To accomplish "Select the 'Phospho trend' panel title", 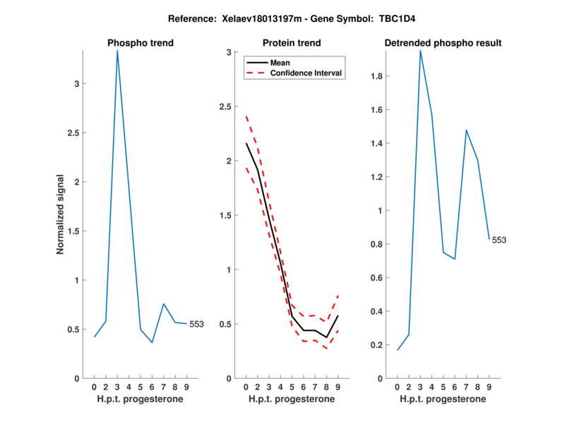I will click(x=141, y=43).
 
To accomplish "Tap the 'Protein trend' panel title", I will click(x=292, y=43).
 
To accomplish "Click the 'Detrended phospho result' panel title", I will click(x=443, y=43).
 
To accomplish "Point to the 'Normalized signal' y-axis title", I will click(x=61, y=214).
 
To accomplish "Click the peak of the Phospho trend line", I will click(x=117, y=51).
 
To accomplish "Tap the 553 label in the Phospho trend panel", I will click(x=196, y=325).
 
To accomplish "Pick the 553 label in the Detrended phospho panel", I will click(x=499, y=240).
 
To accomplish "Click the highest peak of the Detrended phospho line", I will click(x=420, y=51).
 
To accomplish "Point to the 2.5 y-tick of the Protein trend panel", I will click(x=227, y=107).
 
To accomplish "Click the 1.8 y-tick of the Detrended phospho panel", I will click(x=379, y=76).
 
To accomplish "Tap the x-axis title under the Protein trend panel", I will click(x=292, y=399).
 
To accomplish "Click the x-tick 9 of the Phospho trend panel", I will click(x=186, y=387).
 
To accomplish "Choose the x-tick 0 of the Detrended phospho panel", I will click(x=397, y=387).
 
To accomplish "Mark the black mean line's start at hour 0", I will click(x=246, y=143).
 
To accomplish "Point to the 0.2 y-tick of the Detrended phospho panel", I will click(x=379, y=345).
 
